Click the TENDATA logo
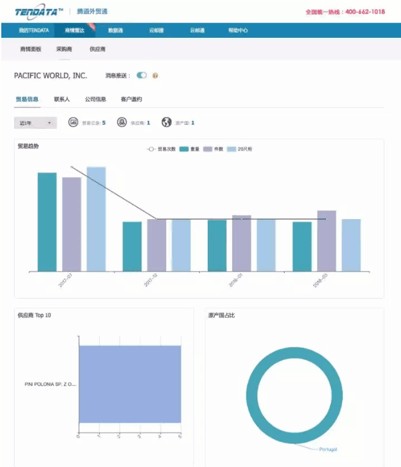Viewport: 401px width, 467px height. pyautogui.click(x=39, y=12)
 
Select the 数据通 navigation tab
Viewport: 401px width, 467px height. pyautogui.click(x=116, y=30)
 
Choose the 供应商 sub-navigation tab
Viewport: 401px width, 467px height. pyautogui.click(x=97, y=49)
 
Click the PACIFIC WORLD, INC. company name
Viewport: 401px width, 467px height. pyautogui.click(x=51, y=76)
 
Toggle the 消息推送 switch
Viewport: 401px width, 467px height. pyautogui.click(x=141, y=76)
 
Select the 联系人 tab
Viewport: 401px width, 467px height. pyautogui.click(x=62, y=99)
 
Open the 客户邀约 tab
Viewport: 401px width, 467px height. pyautogui.click(x=131, y=99)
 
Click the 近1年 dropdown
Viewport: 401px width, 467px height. pyautogui.click(x=35, y=122)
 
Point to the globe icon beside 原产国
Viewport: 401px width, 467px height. pyautogui.click(x=167, y=122)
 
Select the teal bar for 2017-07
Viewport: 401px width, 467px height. pyautogui.click(x=47, y=222)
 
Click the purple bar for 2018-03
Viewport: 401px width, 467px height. pyautogui.click(x=326, y=241)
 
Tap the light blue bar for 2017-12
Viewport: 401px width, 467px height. pyautogui.click(x=181, y=245)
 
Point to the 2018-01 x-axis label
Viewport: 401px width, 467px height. pyautogui.click(x=235, y=283)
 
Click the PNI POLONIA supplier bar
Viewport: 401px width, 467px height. pyautogui.click(x=130, y=384)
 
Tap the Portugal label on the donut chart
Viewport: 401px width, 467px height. pyautogui.click(x=327, y=449)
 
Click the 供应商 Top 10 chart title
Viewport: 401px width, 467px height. pyautogui.click(x=35, y=315)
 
